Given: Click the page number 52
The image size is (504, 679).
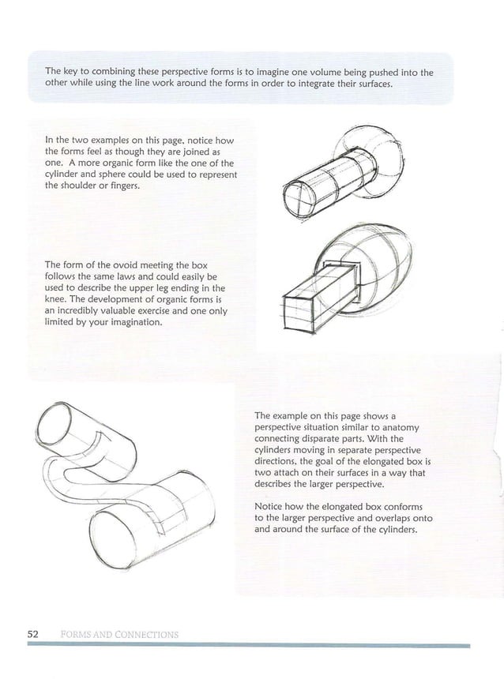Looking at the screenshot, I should click(33, 634).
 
